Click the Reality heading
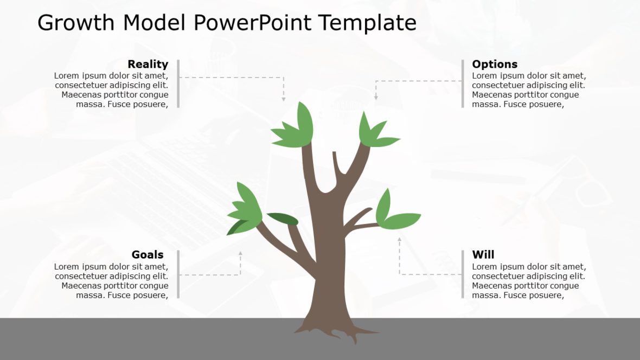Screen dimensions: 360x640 coord(148,64)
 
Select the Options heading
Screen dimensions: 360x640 coord(495,64)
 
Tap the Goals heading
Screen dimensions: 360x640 coord(148,255)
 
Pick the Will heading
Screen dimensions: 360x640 coord(483,255)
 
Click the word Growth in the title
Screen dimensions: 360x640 coord(76,23)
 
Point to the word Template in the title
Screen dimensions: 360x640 coord(367,23)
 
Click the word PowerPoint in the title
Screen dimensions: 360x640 coord(253,23)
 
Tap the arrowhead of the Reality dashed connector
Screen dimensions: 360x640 coord(283,99)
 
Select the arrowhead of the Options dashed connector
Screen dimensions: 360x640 coord(375,97)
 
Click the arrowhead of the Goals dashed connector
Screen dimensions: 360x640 coord(240,253)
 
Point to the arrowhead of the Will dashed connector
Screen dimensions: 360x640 coord(400,239)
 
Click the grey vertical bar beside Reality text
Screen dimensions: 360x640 coord(178,83)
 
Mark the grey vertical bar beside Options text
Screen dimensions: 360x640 coord(463,83)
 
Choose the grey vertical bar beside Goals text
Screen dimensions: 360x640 coord(178,274)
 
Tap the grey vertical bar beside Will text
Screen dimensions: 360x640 coord(463,274)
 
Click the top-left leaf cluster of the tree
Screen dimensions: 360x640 coord(296,128)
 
